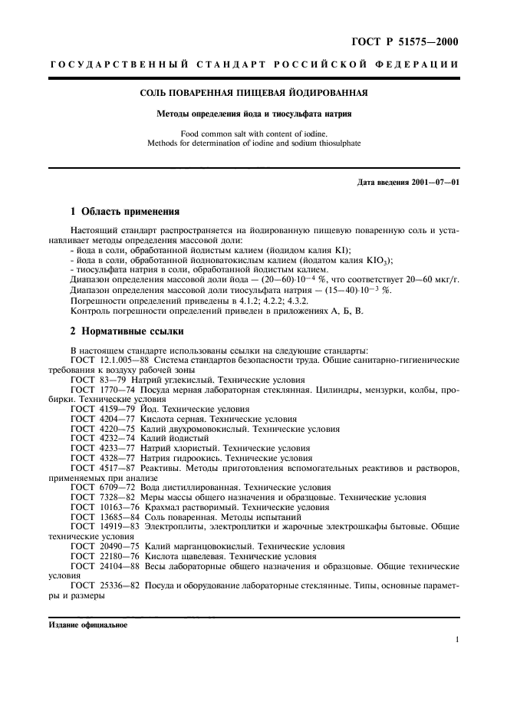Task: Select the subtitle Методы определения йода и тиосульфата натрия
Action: (253, 114)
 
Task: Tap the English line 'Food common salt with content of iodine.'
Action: (253, 133)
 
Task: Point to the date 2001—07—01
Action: (431, 182)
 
